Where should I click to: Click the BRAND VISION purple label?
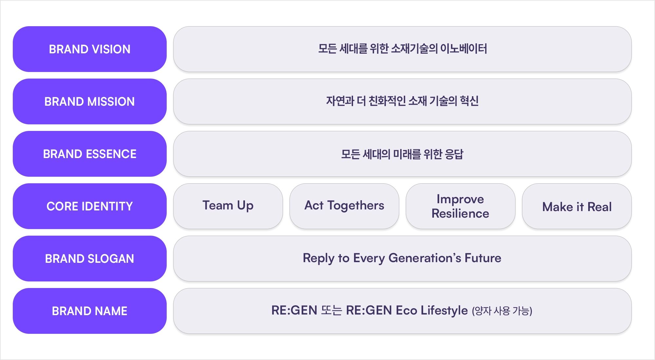(90, 49)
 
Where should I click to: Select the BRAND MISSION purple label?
(90, 101)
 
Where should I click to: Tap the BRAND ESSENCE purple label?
(90, 154)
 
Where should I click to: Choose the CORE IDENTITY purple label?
(90, 206)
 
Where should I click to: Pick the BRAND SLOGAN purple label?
(90, 259)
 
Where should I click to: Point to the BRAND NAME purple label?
(90, 311)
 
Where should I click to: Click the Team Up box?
(228, 206)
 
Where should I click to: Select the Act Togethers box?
(344, 206)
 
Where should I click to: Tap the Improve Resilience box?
(460, 206)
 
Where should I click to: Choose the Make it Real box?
(577, 206)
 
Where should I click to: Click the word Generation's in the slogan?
(425, 258)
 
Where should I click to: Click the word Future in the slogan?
(483, 258)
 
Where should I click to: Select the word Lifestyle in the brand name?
(444, 311)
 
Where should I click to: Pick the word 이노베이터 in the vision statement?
(463, 49)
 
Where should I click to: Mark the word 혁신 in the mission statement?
(469, 101)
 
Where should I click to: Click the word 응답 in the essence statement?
(454, 154)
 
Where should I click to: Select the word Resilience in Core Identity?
(460, 213)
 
